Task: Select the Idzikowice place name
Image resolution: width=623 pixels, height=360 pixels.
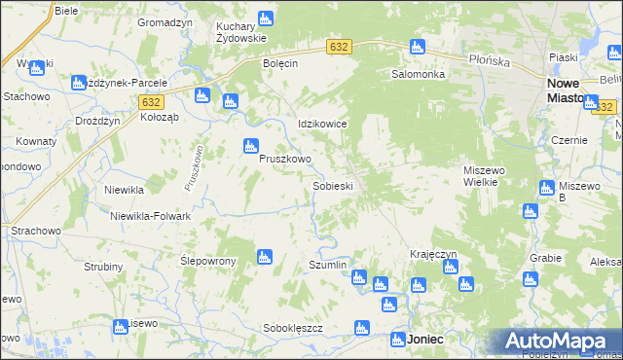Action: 322,125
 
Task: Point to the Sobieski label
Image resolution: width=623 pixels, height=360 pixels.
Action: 331,185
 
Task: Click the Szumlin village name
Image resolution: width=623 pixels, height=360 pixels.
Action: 327,265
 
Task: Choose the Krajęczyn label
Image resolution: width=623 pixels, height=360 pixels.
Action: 433,254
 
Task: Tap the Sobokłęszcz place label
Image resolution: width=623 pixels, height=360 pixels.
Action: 292,328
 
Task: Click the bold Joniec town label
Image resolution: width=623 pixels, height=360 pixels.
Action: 425,340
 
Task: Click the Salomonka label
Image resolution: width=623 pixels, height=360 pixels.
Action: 419,74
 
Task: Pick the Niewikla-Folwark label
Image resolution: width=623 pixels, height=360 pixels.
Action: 150,216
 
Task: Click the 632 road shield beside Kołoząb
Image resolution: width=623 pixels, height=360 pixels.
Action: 150,101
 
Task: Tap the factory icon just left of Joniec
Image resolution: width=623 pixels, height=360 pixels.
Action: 398,340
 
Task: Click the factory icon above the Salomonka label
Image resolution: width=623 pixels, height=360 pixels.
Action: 417,46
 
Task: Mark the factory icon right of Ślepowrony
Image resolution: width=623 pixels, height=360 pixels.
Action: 263,257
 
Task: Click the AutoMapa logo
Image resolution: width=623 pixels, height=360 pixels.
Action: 562,342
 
